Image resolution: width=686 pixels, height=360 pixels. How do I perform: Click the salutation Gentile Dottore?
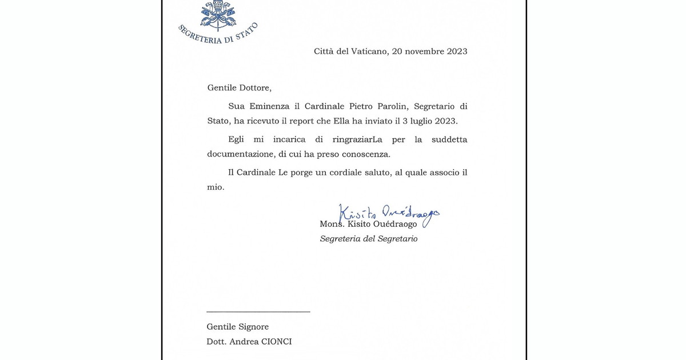pyautogui.click(x=239, y=88)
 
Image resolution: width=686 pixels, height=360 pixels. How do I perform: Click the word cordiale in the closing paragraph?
pyautogui.click(x=348, y=173)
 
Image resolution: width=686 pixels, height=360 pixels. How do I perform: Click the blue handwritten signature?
pyautogui.click(x=389, y=214)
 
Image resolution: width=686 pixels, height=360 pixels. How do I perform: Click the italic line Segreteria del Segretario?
pyautogui.click(x=369, y=239)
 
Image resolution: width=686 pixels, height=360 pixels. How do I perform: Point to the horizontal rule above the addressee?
pyautogui.click(x=258, y=311)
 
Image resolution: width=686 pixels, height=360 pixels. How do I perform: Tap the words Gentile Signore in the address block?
pyautogui.click(x=238, y=327)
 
